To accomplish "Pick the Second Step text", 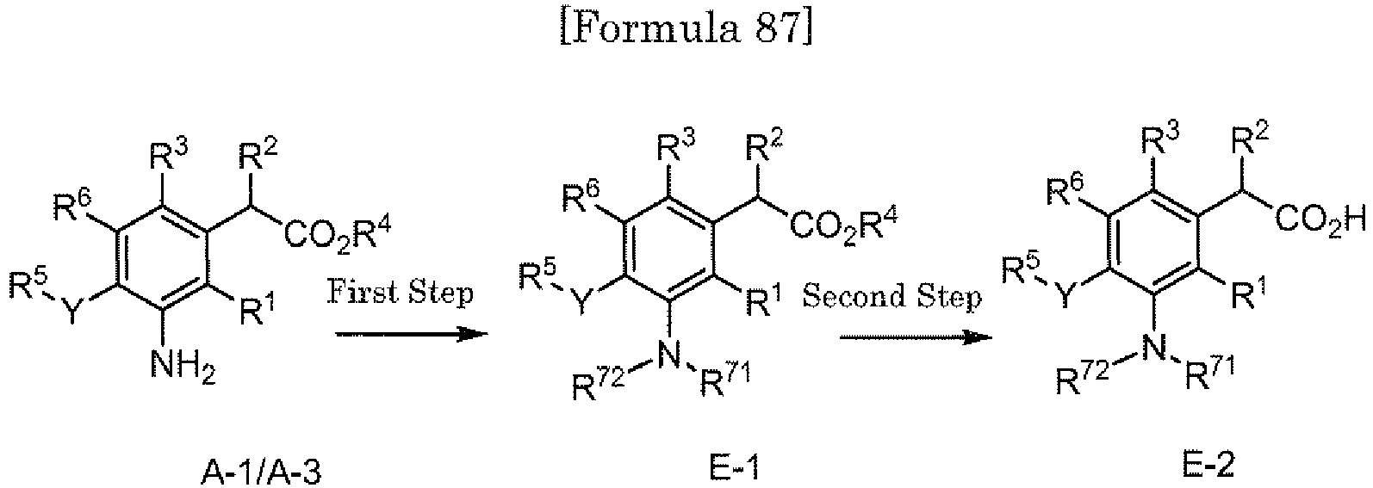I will point(892,297).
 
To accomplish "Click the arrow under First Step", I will point(405,332).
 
